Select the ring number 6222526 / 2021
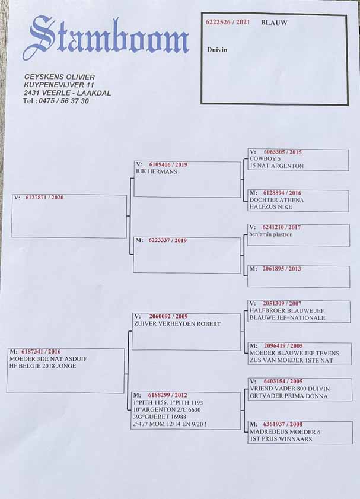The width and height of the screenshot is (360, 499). pos(228,22)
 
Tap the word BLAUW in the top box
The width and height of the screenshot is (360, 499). pos(274,22)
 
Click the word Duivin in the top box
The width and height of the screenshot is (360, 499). pos(217,50)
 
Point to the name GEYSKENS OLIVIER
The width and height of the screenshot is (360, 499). pos(59,77)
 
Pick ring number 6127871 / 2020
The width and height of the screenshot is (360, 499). pos(44,198)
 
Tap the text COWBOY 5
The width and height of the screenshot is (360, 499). pos(265,159)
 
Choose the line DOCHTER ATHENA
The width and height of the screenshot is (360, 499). pos(276,200)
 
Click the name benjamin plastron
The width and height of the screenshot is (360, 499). pos(271,234)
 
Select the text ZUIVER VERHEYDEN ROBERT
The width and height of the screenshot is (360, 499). pos(177,324)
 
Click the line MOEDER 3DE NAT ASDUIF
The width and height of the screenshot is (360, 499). pos(43,359)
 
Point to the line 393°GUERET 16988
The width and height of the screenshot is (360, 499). pos(161,417)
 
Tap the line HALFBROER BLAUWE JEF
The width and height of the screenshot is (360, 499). pos(283,310)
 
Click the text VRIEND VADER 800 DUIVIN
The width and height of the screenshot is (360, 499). pos(289,389)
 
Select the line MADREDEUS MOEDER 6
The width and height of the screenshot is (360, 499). pos(285,432)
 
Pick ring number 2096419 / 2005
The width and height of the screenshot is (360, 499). pos(283,345)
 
